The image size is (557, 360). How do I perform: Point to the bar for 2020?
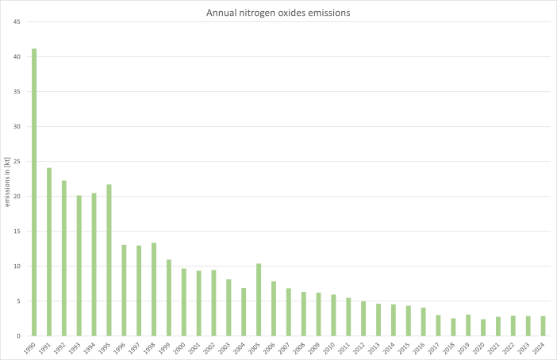(483, 327)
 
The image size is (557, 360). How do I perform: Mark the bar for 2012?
(363, 318)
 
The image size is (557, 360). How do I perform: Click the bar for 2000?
(184, 302)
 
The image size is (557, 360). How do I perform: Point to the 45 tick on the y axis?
(16, 21)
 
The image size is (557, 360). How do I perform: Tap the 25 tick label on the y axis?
(16, 161)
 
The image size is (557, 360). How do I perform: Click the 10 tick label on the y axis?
(16, 266)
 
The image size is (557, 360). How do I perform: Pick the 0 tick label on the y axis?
(18, 335)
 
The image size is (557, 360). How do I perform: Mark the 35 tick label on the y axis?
(16, 91)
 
